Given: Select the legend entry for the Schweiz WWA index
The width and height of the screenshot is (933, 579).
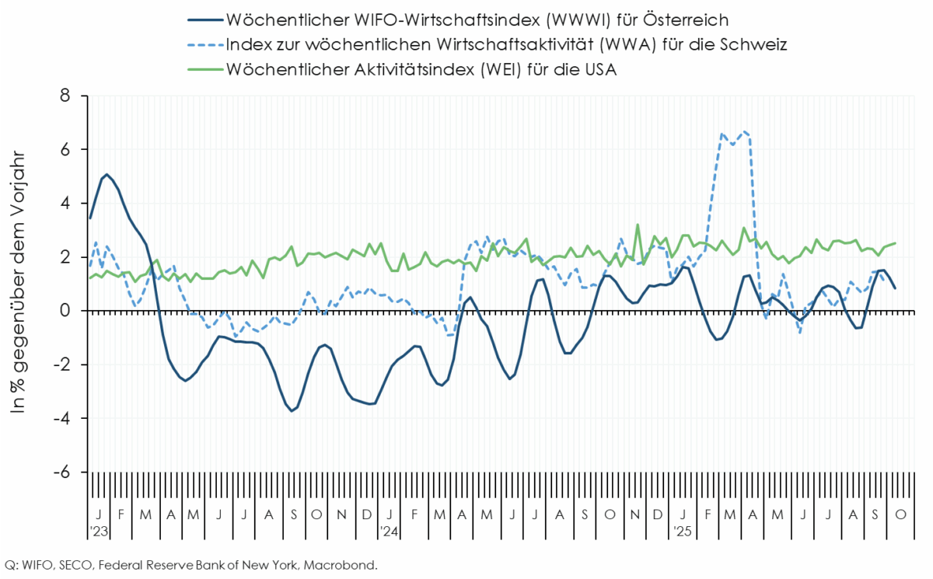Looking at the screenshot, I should pos(506,44).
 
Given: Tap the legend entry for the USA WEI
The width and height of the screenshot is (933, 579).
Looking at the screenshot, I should pos(421,69).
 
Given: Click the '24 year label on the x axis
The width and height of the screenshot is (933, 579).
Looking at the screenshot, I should pos(390,532).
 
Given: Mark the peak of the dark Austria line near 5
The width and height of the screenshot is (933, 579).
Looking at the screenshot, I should pos(107,174).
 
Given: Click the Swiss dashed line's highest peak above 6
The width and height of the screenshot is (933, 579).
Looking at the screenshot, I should pos(745,131).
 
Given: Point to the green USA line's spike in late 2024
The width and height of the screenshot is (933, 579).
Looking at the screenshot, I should pos(638,225).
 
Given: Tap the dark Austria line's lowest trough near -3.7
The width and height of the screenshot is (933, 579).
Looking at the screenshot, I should pos(292,410).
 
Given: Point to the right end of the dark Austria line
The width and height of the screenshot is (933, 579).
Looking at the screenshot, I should pos(895,288).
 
